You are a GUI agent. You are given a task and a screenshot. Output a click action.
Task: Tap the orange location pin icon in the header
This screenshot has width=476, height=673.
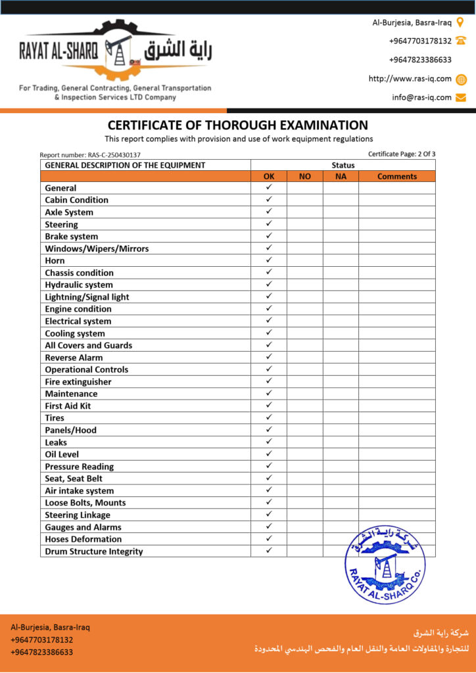[460, 22]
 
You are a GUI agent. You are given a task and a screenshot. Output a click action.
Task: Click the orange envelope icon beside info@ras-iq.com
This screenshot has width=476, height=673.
[461, 97]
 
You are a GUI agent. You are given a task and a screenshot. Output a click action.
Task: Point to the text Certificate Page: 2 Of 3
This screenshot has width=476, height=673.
[402, 154]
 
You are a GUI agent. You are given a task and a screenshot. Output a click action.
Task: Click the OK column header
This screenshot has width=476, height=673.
[269, 176]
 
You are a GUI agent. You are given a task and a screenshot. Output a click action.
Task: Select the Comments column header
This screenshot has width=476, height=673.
[396, 176]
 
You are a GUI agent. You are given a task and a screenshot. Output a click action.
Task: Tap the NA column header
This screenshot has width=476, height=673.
[341, 176]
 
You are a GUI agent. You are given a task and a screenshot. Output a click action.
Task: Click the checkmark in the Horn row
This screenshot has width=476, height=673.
[269, 260]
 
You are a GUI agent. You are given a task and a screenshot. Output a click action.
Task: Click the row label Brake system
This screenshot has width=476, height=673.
[71, 237]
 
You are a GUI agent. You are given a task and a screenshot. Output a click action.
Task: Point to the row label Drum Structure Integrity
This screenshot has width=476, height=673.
[93, 551]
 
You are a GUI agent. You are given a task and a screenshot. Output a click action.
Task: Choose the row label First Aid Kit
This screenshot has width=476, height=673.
[68, 406]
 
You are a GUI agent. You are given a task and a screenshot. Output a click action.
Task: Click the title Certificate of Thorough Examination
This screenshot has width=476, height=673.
[238, 125]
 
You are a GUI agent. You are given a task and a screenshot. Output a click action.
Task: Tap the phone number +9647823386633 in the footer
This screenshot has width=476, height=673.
[42, 652]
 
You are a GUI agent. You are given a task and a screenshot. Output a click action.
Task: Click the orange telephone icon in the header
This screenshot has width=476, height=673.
[461, 41]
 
